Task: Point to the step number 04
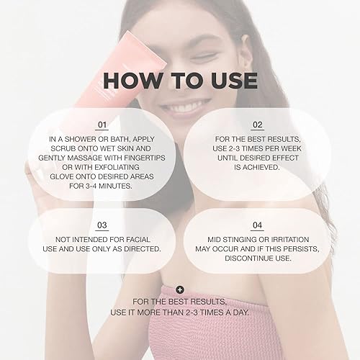coord(257,225)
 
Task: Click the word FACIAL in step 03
coord(141,238)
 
